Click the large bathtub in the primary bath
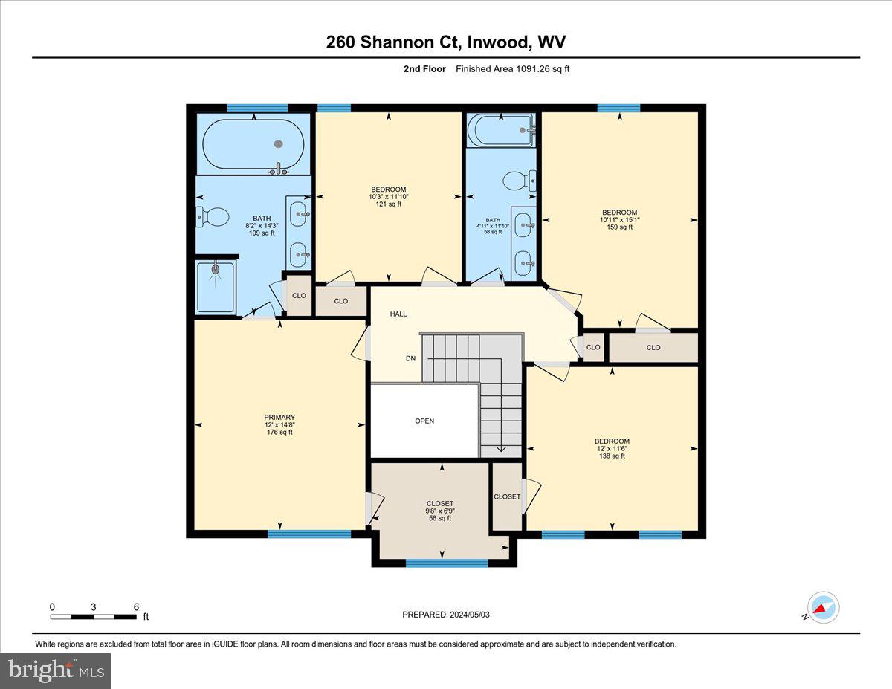tap(253, 144)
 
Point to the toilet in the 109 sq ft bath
tap(213, 217)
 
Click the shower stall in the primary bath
tap(216, 287)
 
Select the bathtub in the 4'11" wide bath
tap(501, 130)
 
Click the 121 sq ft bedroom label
tap(389, 197)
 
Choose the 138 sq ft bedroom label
tap(612, 448)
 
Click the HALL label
tap(398, 314)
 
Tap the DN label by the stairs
tap(410, 358)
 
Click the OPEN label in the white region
tap(424, 421)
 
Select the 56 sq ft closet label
tap(440, 511)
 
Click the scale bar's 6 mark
tap(136, 607)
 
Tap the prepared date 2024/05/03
tap(445, 615)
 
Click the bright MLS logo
tap(56, 670)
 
